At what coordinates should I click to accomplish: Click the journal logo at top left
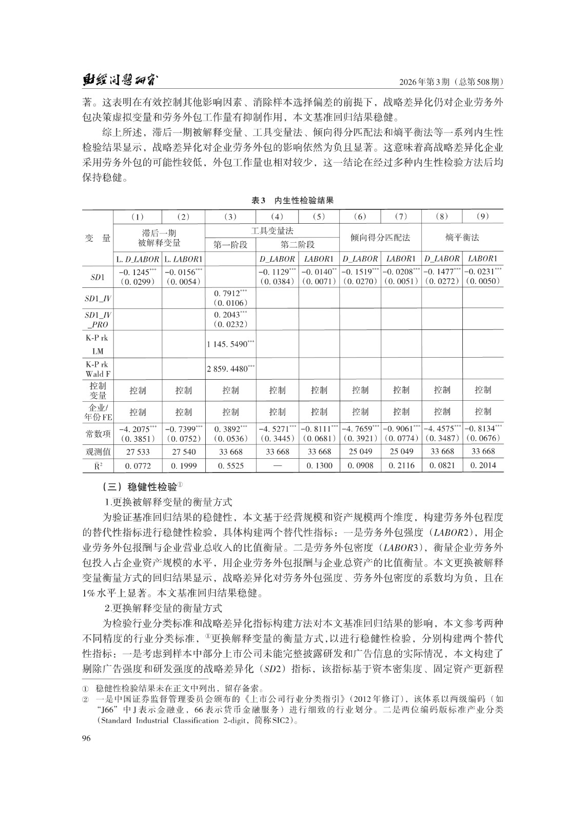click(120, 81)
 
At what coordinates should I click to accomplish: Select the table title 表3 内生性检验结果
click(292, 201)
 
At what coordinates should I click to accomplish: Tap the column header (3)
click(230, 217)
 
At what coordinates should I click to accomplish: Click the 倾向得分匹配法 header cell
click(380, 238)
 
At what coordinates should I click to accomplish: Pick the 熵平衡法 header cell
click(462, 238)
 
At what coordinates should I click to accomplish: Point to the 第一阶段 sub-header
click(230, 244)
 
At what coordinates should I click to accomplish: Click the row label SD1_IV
click(98, 298)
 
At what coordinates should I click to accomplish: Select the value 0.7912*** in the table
click(230, 294)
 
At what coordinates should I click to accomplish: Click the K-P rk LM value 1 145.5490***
click(230, 344)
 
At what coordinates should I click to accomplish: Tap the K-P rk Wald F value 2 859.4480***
click(230, 368)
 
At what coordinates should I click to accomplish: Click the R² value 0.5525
click(230, 465)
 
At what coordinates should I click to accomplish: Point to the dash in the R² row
click(277, 465)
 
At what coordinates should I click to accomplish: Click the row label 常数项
click(98, 434)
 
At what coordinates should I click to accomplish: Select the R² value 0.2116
click(401, 465)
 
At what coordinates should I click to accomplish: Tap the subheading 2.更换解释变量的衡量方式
click(163, 608)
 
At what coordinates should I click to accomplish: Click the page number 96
click(86, 738)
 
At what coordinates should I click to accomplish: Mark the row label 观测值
click(98, 452)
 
